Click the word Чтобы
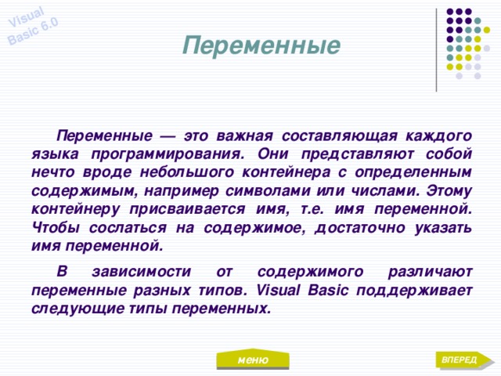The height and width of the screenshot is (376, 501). tap(54, 227)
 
